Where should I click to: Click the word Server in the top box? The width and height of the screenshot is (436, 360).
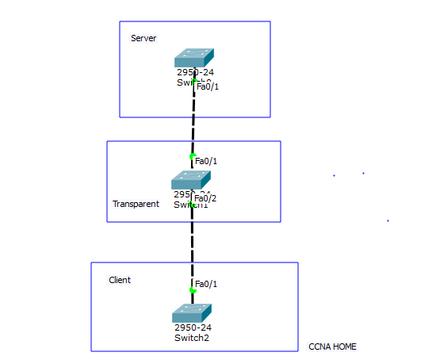(x=143, y=38)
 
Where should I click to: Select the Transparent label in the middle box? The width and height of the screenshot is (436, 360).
(x=136, y=204)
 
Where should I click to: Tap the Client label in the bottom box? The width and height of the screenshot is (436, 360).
(x=120, y=280)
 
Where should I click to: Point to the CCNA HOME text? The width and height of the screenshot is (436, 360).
(x=332, y=347)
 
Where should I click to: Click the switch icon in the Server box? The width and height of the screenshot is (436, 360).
(x=194, y=58)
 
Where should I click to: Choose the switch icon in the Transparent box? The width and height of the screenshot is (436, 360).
(x=191, y=180)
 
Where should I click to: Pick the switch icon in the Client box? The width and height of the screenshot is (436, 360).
(x=192, y=312)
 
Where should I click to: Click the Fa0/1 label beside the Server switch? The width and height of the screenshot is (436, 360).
(x=208, y=86)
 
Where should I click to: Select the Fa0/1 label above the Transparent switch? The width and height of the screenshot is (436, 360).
(x=206, y=161)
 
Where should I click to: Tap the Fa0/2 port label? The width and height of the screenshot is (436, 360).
(x=205, y=198)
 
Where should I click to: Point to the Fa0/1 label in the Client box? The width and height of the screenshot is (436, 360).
(x=206, y=284)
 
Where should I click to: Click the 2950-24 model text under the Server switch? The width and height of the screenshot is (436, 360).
(x=195, y=72)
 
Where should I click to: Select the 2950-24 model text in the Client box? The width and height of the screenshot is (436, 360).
(x=193, y=327)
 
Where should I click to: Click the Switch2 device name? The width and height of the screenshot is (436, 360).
(x=192, y=338)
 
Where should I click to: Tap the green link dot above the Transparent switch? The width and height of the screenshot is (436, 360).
(x=192, y=156)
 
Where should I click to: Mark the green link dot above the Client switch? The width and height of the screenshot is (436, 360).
(x=192, y=290)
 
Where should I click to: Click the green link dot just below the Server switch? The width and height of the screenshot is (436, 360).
(x=194, y=81)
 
